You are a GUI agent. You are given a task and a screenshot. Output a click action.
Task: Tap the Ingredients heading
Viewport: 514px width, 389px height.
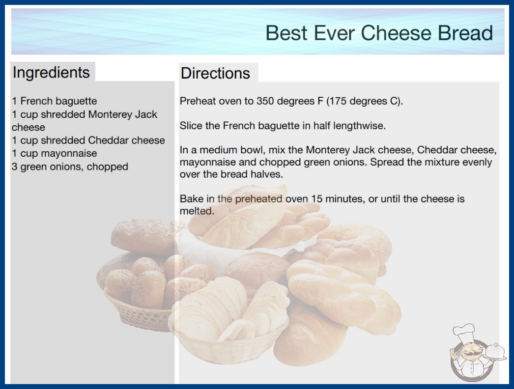coord(51,72)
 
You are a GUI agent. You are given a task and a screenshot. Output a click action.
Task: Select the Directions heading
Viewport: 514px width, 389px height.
coord(215,73)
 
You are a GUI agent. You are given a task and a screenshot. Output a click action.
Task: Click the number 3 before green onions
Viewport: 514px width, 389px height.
coord(14,167)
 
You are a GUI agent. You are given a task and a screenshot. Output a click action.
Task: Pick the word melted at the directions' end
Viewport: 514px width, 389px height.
coord(197,211)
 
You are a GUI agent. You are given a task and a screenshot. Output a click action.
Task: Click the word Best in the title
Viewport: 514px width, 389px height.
coord(286,33)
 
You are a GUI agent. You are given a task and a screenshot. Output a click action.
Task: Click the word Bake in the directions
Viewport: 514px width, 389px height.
coord(192,198)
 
